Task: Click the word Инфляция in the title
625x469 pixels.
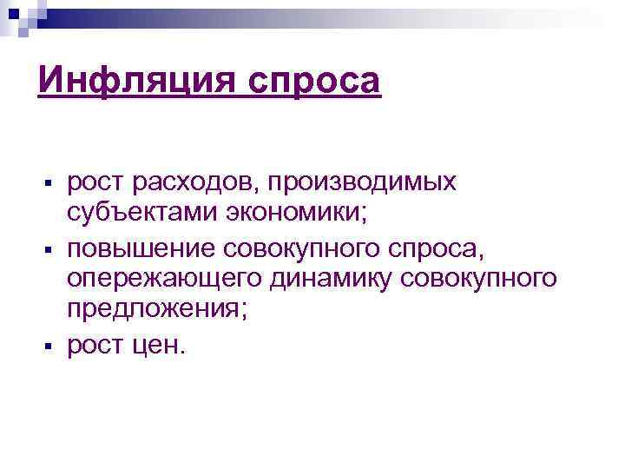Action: coord(138,83)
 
